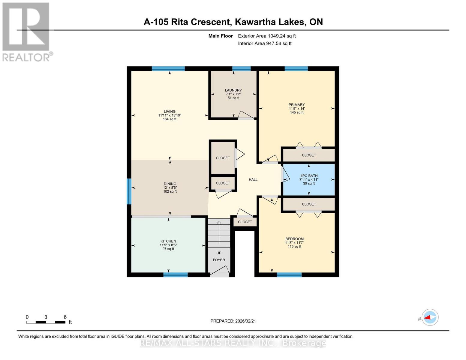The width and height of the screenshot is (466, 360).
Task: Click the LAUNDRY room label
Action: tap(233, 90)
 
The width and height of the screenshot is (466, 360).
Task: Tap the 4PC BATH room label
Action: tap(309, 176)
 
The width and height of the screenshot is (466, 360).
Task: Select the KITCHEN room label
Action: tap(168, 241)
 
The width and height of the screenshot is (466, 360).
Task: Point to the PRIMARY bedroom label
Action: tap(296, 105)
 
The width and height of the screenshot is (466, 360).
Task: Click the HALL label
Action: tap(253, 180)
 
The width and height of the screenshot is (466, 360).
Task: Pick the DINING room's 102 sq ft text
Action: tap(170, 192)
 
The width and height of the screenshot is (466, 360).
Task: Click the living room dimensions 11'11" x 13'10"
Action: tap(170, 115)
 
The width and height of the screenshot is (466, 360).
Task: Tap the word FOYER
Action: tap(219, 260)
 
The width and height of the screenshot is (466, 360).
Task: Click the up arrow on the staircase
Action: tap(219, 232)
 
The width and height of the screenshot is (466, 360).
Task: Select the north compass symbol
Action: tap(430, 317)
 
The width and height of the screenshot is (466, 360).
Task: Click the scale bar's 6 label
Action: tap(65, 317)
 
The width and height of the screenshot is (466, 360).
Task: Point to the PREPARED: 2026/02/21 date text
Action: tap(233, 321)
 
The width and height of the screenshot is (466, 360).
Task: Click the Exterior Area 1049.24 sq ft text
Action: tap(267, 36)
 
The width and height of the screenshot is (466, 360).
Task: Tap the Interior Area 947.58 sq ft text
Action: tap(265, 43)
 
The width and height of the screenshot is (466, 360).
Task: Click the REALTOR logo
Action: tap(26, 31)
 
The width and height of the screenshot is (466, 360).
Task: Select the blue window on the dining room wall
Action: tap(129, 191)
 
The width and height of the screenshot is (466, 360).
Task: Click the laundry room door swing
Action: tap(246, 115)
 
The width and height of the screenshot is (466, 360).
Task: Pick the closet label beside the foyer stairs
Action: tap(245, 222)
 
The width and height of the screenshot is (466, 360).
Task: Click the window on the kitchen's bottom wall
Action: tap(176, 274)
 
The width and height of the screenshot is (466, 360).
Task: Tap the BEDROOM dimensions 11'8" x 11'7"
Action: tap(294, 243)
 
